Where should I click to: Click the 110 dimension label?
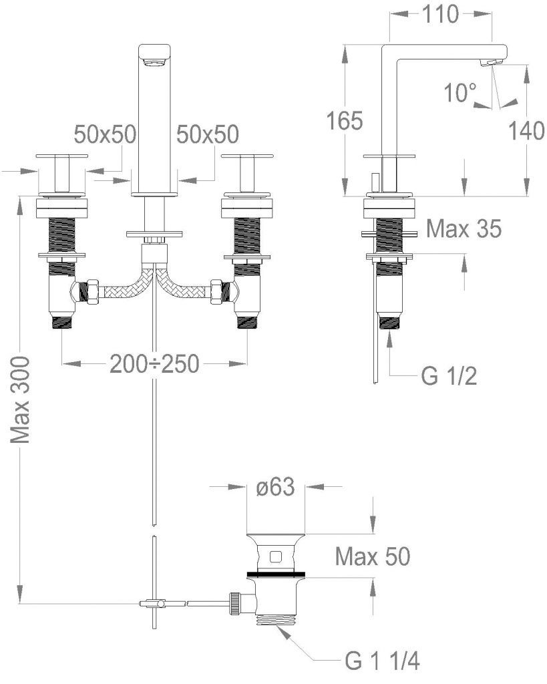pyautogui.click(x=440, y=15)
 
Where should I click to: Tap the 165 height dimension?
pyautogui.click(x=345, y=120)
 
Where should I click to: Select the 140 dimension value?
pyautogui.click(x=526, y=131)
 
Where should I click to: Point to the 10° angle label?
pyautogui.click(x=460, y=92)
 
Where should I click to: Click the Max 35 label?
pyautogui.click(x=464, y=228)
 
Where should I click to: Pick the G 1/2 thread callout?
pyautogui.click(x=449, y=375)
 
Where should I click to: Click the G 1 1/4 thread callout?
pyautogui.click(x=382, y=661)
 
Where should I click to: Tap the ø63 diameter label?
pyautogui.click(x=275, y=487)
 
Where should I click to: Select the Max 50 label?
pyautogui.click(x=373, y=556)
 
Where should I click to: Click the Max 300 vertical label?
pyautogui.click(x=21, y=399)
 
